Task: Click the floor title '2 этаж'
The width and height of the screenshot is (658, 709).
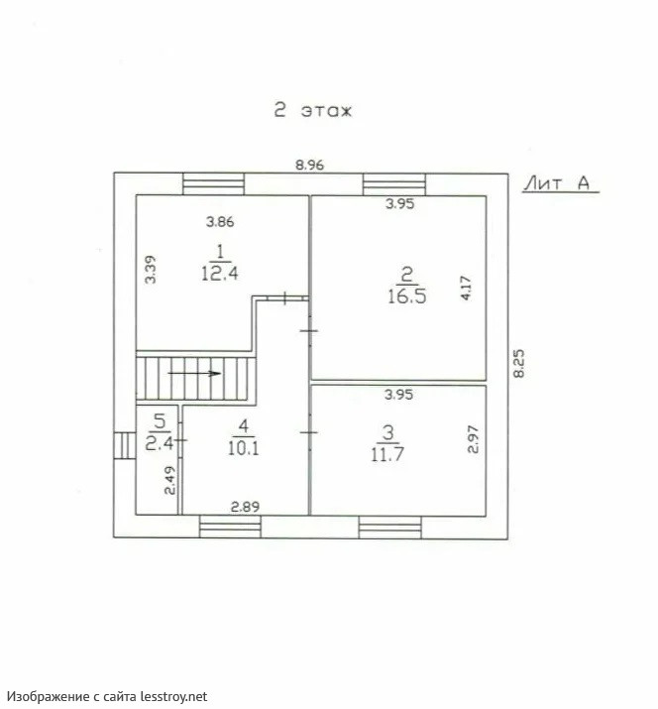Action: click(x=313, y=110)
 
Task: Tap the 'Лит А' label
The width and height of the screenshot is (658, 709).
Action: click(x=558, y=183)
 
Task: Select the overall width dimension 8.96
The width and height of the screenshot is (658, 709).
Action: click(x=309, y=165)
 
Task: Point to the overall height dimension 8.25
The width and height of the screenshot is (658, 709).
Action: click(x=519, y=363)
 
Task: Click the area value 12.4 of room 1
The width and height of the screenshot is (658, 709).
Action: click(x=220, y=273)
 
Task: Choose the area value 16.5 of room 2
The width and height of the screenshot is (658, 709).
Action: click(x=406, y=296)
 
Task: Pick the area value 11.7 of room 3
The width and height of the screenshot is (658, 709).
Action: click(x=387, y=453)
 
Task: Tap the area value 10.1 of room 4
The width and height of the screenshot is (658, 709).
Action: click(x=243, y=448)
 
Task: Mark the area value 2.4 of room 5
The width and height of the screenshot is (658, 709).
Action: click(x=160, y=443)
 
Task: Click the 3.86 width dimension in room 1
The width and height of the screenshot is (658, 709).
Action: click(x=220, y=221)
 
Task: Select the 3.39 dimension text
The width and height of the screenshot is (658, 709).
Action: click(x=151, y=270)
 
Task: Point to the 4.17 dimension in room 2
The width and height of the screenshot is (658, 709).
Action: click(x=466, y=288)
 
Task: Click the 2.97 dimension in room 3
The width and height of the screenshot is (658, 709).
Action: click(x=473, y=439)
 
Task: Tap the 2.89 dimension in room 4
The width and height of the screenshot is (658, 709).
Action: click(x=245, y=507)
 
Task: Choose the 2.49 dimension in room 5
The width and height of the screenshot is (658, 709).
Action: click(x=169, y=480)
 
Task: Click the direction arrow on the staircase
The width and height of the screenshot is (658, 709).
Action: click(x=194, y=373)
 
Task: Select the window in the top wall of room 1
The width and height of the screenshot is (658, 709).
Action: click(x=213, y=184)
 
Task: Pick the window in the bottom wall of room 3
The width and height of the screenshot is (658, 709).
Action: click(x=390, y=528)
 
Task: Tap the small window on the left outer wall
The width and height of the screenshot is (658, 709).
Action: click(x=125, y=446)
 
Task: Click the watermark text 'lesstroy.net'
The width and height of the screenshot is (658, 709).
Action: click(x=174, y=696)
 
